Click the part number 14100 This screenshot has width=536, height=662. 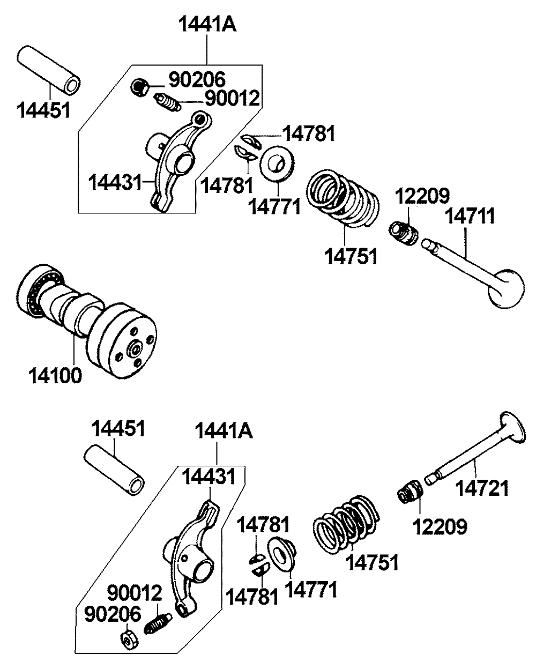point(56,375)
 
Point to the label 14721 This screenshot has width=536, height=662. point(482,488)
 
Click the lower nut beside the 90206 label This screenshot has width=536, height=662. point(129,638)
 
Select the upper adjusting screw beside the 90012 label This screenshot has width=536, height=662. point(167,101)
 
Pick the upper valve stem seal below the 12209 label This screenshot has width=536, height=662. point(404,233)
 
